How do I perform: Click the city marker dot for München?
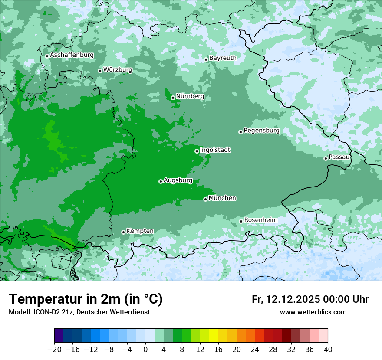[x=205, y=199]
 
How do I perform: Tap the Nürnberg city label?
[x=190, y=96]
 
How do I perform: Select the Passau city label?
[x=339, y=157]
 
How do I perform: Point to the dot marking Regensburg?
[x=240, y=132]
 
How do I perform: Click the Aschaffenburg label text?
[x=72, y=55]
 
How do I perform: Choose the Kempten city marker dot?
[x=123, y=232]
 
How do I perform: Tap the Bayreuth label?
[x=223, y=58]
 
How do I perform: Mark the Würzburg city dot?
[x=100, y=71]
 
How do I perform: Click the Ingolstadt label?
[x=215, y=150]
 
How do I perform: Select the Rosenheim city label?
[x=260, y=220]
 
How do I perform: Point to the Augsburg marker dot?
[x=161, y=181]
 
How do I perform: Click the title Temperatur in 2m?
[x=86, y=299]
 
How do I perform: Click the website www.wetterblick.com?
[x=313, y=312]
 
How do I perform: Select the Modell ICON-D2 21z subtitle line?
[x=79, y=312]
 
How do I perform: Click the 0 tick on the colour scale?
[x=145, y=350]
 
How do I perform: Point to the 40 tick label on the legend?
[x=327, y=350]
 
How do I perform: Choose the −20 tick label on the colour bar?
[x=54, y=350]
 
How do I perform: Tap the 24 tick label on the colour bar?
[x=254, y=350]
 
